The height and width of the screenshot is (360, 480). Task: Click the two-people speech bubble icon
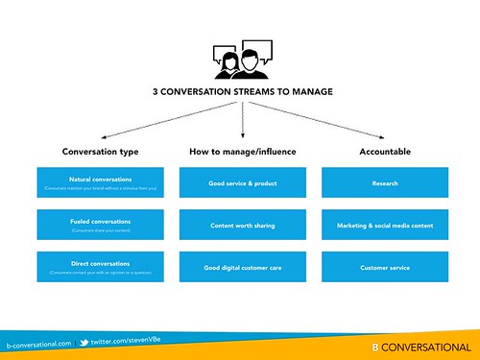point(241,60)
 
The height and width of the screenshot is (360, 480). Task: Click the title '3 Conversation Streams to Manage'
point(241,93)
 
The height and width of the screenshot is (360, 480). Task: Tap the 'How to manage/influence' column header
point(242,151)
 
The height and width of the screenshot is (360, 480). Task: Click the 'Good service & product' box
point(242,182)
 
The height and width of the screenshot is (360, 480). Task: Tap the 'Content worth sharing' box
point(242,226)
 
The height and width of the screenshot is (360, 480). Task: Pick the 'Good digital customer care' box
point(242,268)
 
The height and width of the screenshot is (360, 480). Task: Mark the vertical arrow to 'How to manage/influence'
point(242,120)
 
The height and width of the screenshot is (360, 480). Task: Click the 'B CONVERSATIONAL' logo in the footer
point(421,347)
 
